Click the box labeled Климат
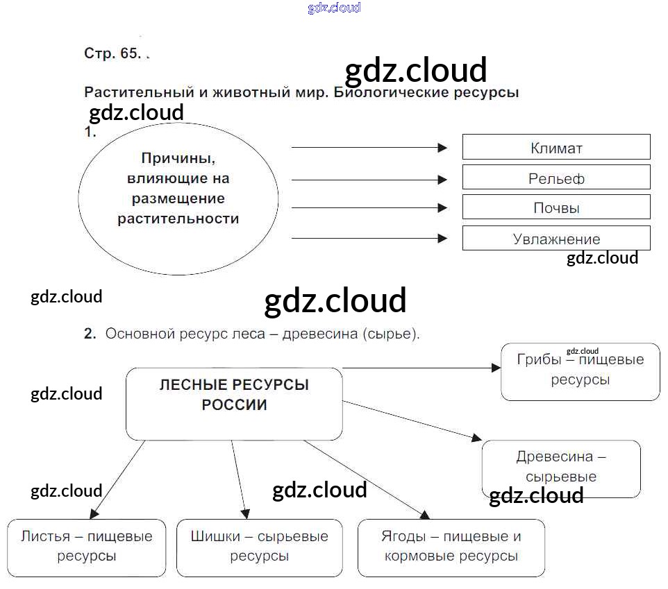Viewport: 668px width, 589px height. click(x=556, y=147)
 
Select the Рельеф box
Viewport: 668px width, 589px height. click(x=556, y=178)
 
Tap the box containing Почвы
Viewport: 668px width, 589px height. click(x=556, y=207)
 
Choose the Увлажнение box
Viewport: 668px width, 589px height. click(x=556, y=239)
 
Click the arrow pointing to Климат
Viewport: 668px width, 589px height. click(x=369, y=147)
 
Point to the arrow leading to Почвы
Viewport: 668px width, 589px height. click(x=369, y=207)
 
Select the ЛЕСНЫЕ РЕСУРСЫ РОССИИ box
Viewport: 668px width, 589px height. click(x=234, y=403)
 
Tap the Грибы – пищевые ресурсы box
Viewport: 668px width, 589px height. click(x=580, y=371)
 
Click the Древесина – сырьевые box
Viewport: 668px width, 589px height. click(x=561, y=468)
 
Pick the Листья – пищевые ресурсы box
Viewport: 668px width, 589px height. click(x=86, y=547)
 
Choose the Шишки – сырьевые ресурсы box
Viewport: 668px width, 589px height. click(x=259, y=547)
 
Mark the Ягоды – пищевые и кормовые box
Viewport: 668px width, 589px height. click(x=451, y=547)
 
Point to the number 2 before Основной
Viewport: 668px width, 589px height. click(x=89, y=334)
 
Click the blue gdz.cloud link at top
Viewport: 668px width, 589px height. click(x=334, y=8)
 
